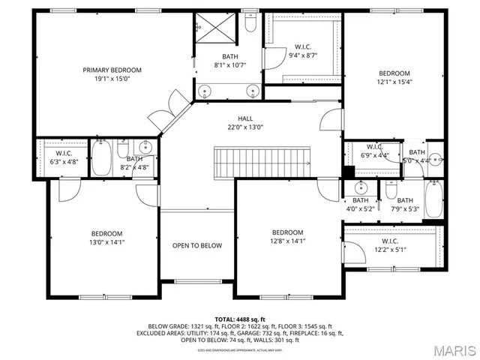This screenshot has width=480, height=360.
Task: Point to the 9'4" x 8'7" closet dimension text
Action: click(x=303, y=55)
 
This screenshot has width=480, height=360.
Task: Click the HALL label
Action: click(x=245, y=118)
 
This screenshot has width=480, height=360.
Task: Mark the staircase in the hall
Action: click(x=262, y=162)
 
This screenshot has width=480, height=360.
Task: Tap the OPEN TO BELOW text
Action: click(x=197, y=245)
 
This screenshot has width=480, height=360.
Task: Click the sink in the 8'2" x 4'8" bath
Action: click(x=147, y=147)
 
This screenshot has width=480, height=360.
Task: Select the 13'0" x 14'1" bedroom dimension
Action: click(x=106, y=241)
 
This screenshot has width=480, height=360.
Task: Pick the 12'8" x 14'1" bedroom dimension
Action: click(x=287, y=241)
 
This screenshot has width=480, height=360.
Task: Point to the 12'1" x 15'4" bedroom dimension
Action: click(x=394, y=82)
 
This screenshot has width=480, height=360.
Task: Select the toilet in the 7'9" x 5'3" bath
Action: click(x=391, y=190)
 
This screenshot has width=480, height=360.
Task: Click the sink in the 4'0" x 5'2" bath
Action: click(x=361, y=186)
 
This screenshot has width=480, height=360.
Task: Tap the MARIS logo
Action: click(x=449, y=349)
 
